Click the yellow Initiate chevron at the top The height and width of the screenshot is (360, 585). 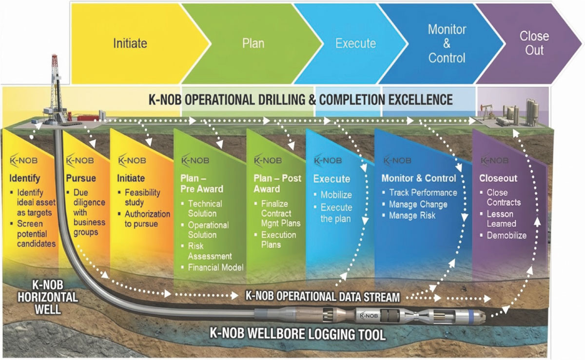(130, 43)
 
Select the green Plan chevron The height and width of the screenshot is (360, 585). (253, 43)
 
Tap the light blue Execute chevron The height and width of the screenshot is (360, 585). (355, 43)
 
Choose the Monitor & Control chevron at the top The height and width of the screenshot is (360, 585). (447, 43)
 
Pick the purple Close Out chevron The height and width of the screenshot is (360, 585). (534, 43)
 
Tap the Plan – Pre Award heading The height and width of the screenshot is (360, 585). (201, 184)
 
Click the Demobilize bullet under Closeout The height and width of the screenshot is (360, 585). (507, 235)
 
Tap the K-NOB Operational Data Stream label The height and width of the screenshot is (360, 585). (323, 296)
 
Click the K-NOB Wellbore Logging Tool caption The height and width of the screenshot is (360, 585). (297, 334)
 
